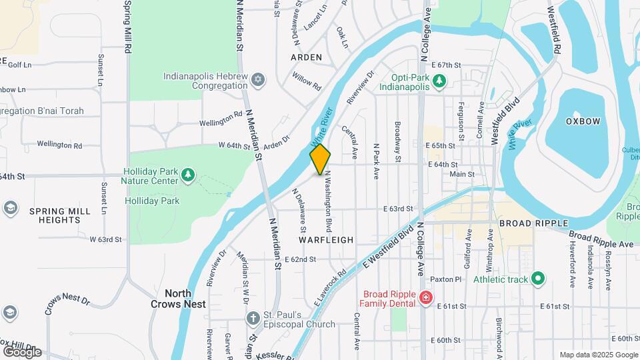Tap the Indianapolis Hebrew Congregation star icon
[258, 81]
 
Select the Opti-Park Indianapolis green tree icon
[439, 81]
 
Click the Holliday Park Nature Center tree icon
[189, 175]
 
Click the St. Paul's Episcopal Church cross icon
[253, 319]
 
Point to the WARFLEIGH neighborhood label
[326, 239]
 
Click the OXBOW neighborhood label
[583, 121]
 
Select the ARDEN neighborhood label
[307, 57]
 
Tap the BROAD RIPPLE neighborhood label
[533, 223]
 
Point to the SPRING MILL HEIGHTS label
[59, 215]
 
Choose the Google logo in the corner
[22, 351]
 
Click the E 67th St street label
[446, 65]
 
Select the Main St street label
[461, 174]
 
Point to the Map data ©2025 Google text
[597, 355]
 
